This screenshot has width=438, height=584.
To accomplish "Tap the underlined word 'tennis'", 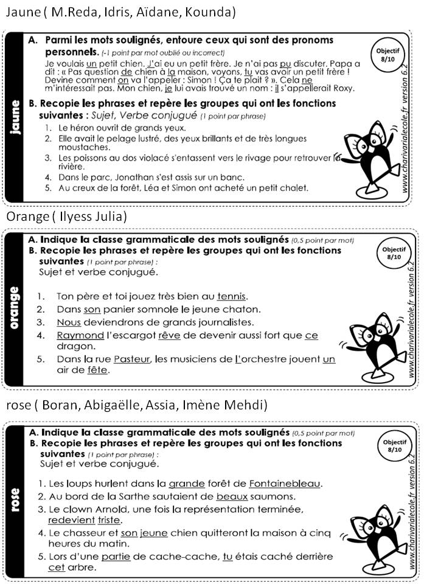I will point(231,296).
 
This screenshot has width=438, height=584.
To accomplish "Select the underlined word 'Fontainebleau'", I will point(284,484).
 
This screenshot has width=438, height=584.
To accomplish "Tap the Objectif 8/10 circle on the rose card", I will point(395,447).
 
